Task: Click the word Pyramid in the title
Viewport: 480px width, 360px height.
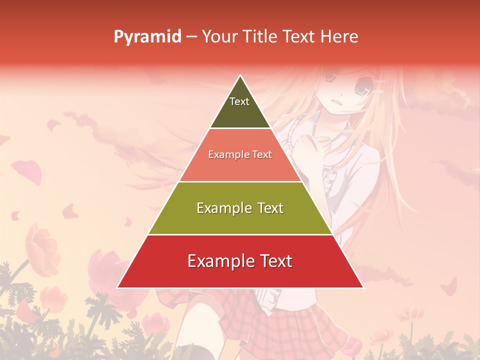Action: tap(147, 37)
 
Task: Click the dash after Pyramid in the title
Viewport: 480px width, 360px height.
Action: tap(191, 37)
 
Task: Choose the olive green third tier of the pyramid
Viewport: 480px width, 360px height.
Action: tap(240, 220)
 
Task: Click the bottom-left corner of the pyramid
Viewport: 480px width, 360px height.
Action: tap(117, 287)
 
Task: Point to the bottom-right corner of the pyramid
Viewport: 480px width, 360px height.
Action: tap(363, 287)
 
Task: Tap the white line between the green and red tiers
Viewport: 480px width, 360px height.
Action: tap(240, 234)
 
